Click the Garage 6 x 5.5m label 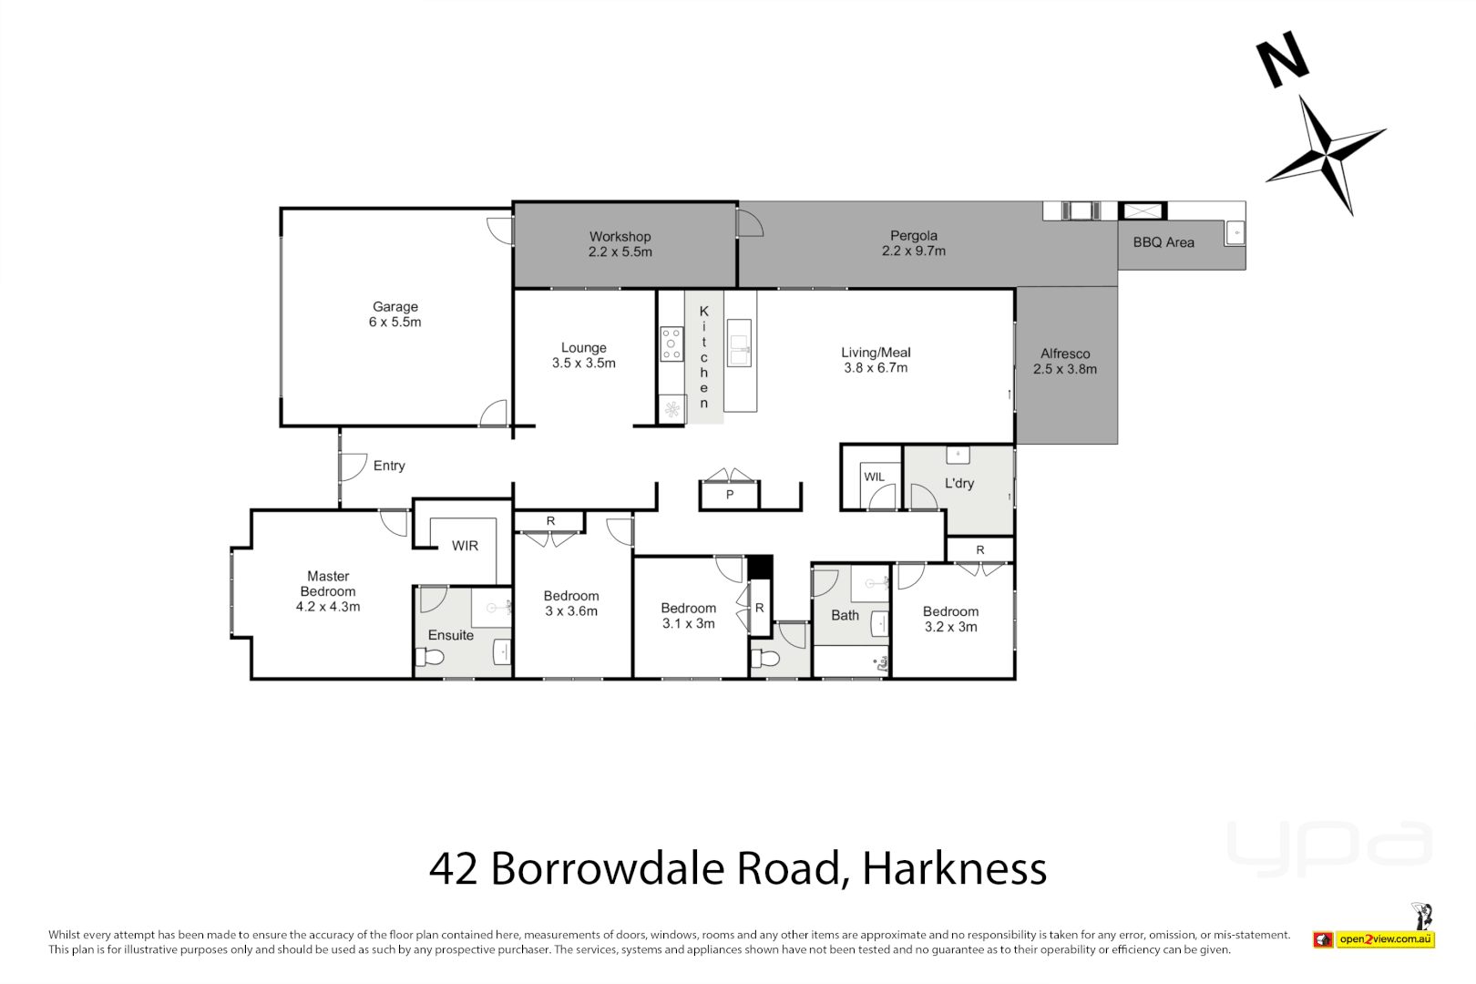[395, 314]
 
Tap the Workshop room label [620, 244]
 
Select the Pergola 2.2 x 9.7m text [913, 243]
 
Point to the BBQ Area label [1163, 242]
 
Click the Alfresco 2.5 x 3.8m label [1064, 362]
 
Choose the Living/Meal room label [876, 360]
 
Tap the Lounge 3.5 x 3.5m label [583, 355]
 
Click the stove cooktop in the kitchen [671, 343]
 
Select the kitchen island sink [739, 343]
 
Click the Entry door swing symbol [352, 466]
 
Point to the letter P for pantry [729, 495]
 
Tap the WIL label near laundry [874, 477]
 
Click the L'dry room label [958, 483]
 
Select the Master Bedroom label [328, 590]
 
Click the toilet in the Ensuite [430, 657]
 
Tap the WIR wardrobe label [465, 546]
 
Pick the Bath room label [845, 615]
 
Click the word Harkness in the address [954, 868]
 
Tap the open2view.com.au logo [1385, 938]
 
